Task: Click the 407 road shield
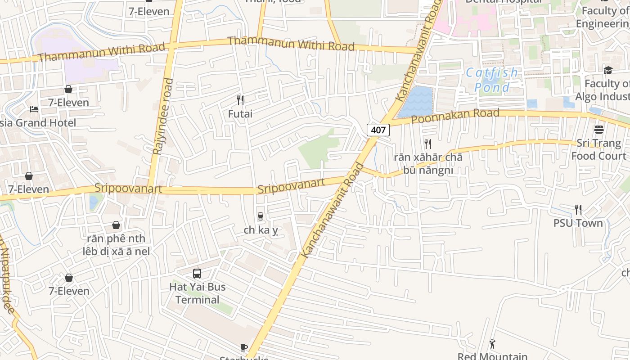(378, 130)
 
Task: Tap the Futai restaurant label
(240, 114)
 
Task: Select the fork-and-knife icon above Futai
(240, 100)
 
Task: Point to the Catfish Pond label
(492, 80)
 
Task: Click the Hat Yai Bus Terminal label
(198, 293)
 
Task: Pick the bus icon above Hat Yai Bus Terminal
(197, 273)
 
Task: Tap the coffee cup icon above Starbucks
(243, 347)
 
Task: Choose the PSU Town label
(578, 223)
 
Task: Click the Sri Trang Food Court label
(598, 149)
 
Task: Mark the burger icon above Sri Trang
(598, 130)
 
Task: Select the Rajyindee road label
(162, 117)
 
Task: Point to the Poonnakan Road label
(455, 116)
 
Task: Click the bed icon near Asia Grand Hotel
(34, 109)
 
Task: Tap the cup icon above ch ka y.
(260, 216)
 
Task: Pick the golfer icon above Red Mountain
(492, 344)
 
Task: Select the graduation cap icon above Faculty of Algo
(608, 70)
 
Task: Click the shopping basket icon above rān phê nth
(116, 225)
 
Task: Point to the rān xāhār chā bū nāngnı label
(428, 163)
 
